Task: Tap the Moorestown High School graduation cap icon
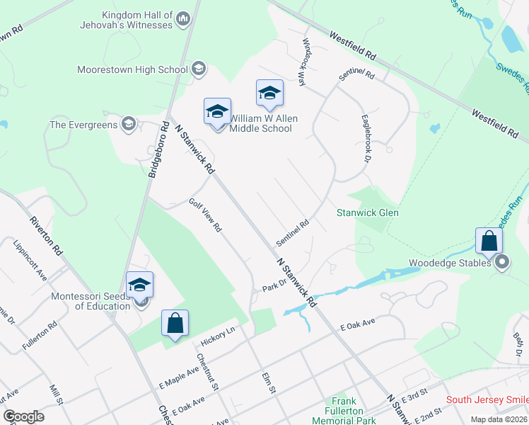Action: click(x=199, y=69)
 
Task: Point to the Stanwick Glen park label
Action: click(x=367, y=212)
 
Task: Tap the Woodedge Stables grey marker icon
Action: click(x=503, y=263)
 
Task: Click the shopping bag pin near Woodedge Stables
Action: click(x=489, y=242)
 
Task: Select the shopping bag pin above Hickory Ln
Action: click(x=175, y=324)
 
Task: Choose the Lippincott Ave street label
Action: click(x=30, y=259)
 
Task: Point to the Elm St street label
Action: click(x=267, y=383)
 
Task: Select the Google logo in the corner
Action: click(x=23, y=416)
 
